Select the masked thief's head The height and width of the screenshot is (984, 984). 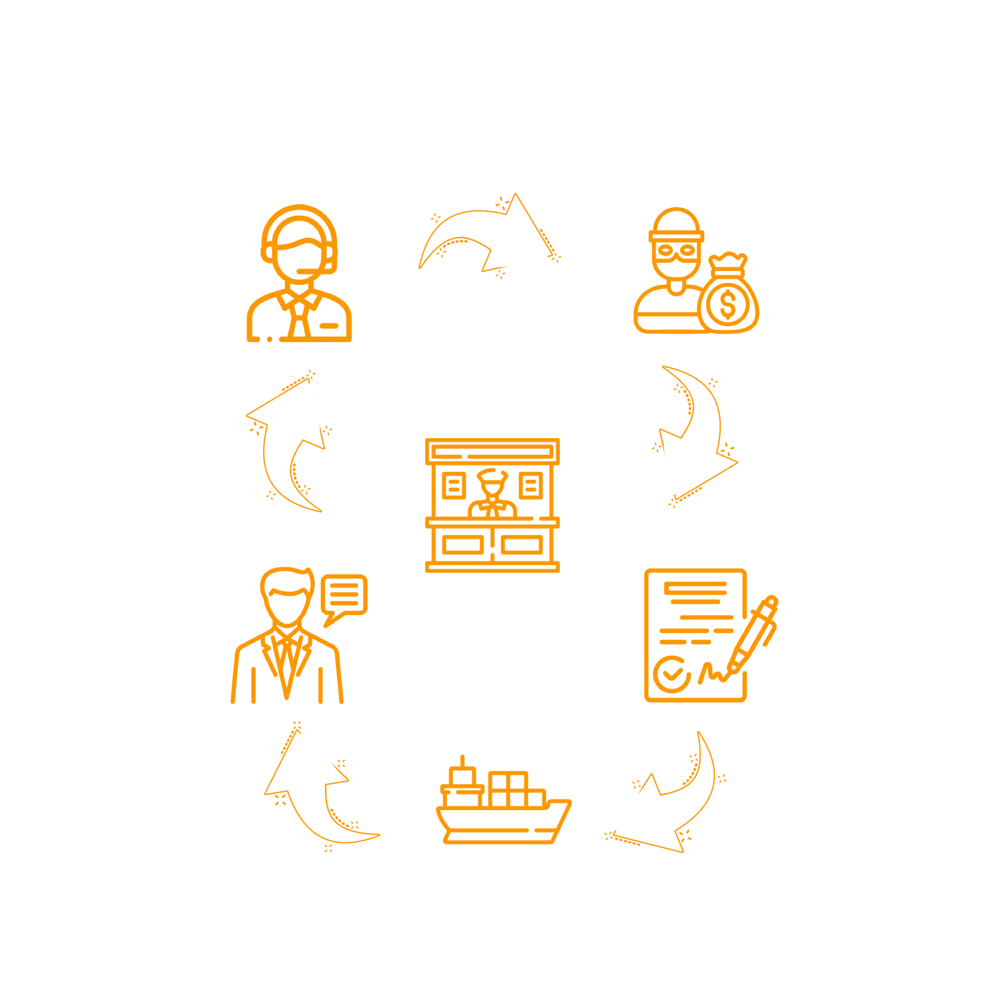[676, 245]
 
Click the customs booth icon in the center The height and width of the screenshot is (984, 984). [492, 504]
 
